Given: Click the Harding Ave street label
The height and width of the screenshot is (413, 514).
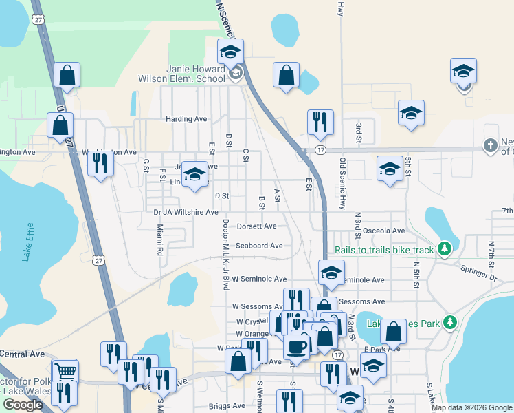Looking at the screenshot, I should click(x=186, y=119).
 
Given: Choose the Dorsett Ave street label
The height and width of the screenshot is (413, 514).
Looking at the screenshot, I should click(x=256, y=226).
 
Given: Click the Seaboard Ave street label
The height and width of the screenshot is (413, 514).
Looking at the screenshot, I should click(x=259, y=246).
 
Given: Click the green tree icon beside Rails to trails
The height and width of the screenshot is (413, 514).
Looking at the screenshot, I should click(x=445, y=248).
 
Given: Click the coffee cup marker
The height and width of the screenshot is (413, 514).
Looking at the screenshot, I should click(x=298, y=346).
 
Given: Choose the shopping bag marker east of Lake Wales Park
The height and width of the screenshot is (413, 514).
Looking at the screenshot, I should click(x=393, y=331).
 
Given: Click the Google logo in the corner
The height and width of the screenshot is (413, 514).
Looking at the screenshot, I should click(x=23, y=405).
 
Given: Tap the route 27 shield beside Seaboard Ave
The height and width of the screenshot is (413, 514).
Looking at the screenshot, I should click(x=100, y=261).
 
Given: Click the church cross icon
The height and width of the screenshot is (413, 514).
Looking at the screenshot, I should click(x=490, y=145).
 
